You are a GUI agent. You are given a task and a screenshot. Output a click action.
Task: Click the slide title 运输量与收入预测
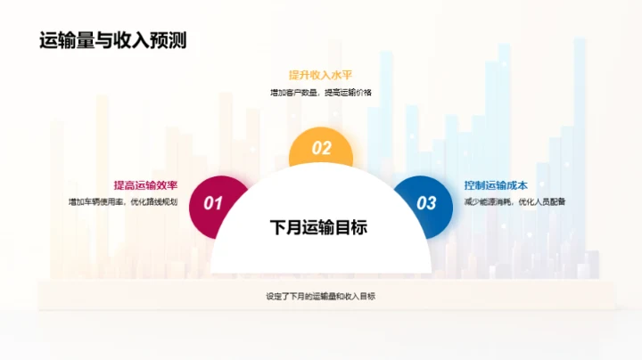(119, 40)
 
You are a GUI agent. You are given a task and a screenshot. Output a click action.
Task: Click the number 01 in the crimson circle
(213, 203)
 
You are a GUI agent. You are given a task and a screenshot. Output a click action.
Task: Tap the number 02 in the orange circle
(321, 149)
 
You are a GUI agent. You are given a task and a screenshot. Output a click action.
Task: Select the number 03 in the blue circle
(427, 203)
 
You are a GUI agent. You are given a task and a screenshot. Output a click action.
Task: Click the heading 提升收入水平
(321, 75)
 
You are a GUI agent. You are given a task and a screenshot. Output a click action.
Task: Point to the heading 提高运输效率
(145, 185)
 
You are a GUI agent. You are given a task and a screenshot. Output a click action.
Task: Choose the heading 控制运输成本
(496, 185)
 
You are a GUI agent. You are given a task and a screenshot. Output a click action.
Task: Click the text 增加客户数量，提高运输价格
(321, 93)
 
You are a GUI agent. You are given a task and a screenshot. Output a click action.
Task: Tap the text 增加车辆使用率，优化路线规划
(123, 202)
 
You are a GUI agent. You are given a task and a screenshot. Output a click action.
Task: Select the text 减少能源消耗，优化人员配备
(514, 202)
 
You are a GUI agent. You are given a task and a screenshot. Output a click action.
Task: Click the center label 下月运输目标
(319, 227)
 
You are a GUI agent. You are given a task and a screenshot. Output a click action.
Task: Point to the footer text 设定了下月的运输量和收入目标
(321, 296)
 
